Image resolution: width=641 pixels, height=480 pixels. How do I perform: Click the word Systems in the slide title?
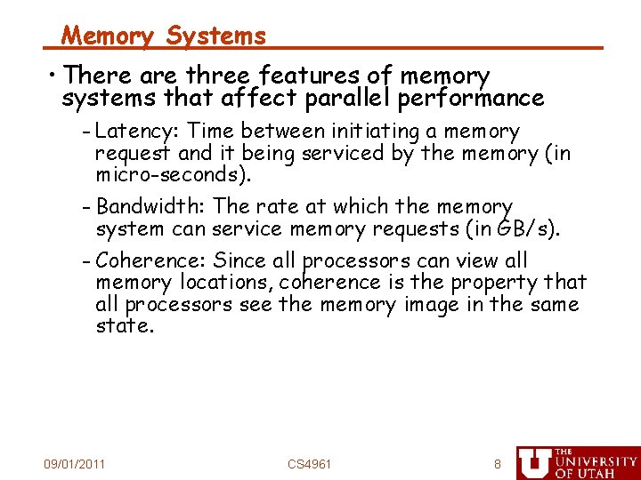point(216,36)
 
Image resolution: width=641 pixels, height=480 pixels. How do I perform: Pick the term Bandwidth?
point(151,206)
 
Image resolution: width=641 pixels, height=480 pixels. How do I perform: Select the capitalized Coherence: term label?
point(151,260)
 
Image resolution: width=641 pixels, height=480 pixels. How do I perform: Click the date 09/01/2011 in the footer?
point(75,464)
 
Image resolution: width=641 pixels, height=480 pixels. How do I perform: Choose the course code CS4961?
point(309,464)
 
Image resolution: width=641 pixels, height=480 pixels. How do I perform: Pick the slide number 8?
point(498,464)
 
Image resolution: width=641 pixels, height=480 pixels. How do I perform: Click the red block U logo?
point(534,462)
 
